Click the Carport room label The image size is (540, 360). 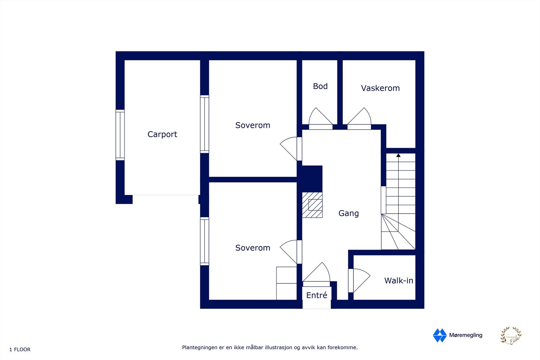tap(162, 134)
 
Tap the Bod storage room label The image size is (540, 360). tap(320, 86)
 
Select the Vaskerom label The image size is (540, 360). tap(380, 88)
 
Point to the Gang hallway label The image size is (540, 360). tap(348, 213)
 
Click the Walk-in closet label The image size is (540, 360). tap(398, 280)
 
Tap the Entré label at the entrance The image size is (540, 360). tap(317, 295)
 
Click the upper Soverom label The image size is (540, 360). tap(252, 125)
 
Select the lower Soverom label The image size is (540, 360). tap(252, 248)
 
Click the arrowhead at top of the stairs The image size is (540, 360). tap(398, 155)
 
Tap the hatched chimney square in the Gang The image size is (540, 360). tap(312, 205)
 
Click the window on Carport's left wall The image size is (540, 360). tap(120, 135)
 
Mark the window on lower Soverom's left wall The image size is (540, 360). tap(205, 241)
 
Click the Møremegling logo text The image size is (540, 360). tap(465, 335)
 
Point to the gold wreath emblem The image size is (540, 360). tap(511, 336)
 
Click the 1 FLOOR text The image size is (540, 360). tap(20, 350)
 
